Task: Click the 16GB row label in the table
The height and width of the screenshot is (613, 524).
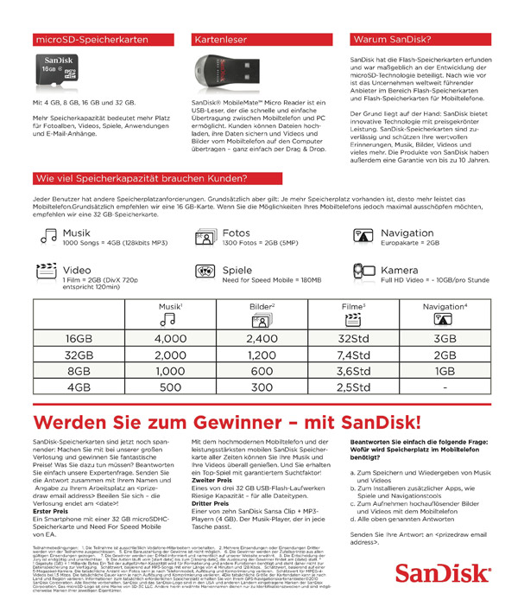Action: tap(79, 339)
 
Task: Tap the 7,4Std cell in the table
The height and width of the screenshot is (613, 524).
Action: tap(354, 355)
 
